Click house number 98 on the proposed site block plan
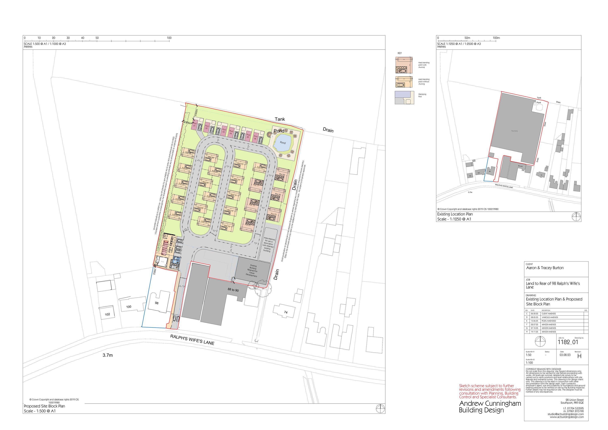157,303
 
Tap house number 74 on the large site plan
286,312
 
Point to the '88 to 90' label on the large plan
233,290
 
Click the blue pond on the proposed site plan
283,142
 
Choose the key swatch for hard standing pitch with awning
404,65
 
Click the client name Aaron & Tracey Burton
545,268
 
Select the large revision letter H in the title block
579,356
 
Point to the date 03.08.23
565,355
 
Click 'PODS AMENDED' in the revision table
549,321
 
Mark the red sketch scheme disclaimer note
490,391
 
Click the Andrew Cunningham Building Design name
490,407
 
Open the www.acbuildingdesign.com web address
566,417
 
